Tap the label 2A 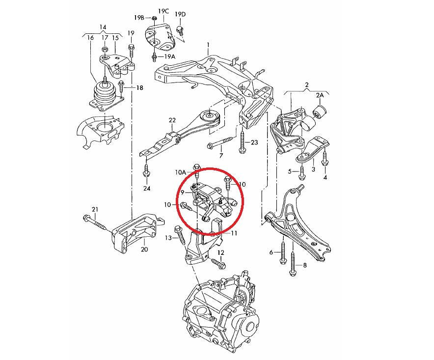[x=320, y=94]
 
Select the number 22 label [x=172, y=120]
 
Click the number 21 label [x=95, y=210]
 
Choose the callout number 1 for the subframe [x=208, y=45]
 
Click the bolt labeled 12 [x=219, y=264]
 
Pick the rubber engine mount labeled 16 [x=104, y=93]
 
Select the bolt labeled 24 [x=147, y=171]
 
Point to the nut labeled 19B [x=154, y=19]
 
